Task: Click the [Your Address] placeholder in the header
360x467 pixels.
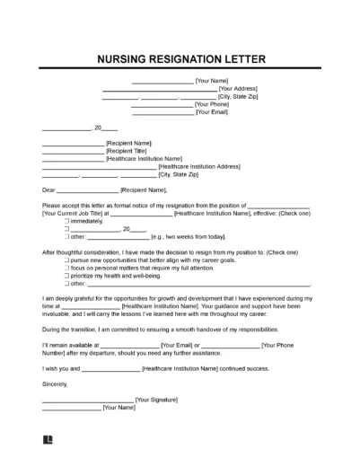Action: [x=239, y=90]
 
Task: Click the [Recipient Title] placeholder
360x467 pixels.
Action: [x=127, y=151]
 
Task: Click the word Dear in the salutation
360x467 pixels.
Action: [x=49, y=189]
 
